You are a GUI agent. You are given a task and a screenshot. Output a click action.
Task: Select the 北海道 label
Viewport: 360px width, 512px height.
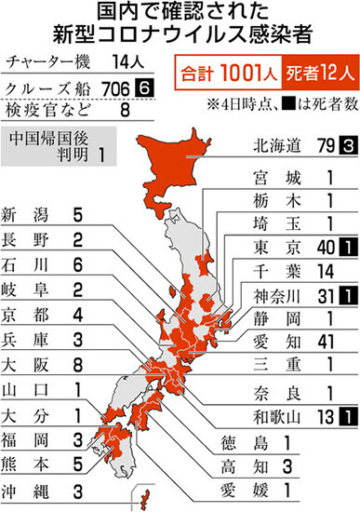280,145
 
